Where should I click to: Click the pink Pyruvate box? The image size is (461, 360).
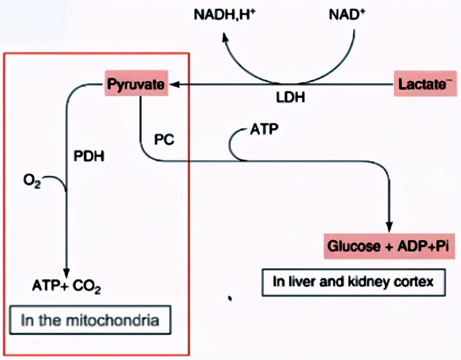137,84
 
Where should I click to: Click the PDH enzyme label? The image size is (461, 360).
90,156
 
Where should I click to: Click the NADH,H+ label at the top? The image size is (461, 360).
224,14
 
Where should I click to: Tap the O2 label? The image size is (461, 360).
31,181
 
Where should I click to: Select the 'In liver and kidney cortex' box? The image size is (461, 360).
353,282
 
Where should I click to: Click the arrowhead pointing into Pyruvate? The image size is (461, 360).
174,84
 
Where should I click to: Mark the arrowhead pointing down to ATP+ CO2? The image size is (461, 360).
66,271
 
